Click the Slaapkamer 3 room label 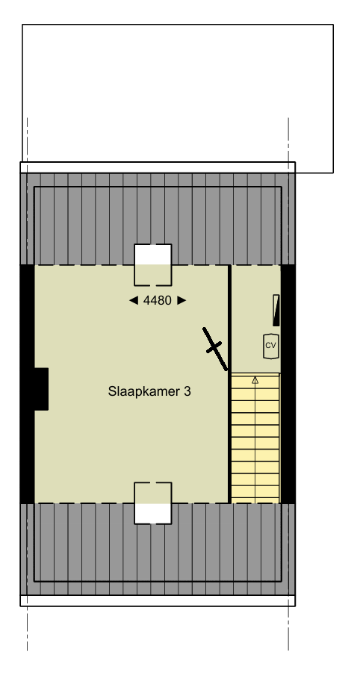point(149,391)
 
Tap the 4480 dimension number point(158,300)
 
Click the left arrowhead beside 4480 point(134,300)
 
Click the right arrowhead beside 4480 point(181,300)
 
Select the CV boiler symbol point(270,345)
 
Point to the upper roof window point(153,264)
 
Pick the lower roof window point(153,503)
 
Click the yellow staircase point(255,441)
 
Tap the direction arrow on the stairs point(255,380)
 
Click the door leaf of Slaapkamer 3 point(215,348)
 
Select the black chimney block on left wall point(40,388)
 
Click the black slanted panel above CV point(277,310)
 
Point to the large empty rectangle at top point(177,90)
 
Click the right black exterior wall point(288,385)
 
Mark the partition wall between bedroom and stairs point(229,433)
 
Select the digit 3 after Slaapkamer point(187,391)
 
